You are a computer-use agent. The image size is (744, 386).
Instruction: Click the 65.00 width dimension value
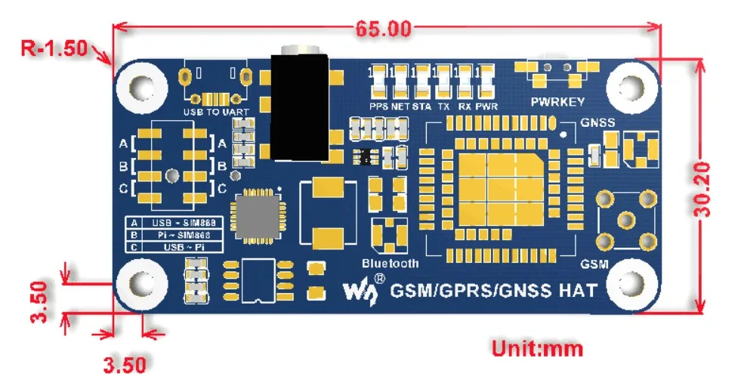point(383,29)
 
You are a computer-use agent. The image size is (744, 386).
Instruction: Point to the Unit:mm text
point(537,349)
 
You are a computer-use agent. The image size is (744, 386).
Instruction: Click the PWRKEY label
point(557,102)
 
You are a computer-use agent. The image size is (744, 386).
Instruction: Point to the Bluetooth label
point(390,264)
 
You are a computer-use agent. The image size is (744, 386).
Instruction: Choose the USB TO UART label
point(216,112)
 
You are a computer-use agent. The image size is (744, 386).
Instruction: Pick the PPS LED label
point(378,107)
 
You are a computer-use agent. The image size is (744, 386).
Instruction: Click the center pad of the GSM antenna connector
point(626,219)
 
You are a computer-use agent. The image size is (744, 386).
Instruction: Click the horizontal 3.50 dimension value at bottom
point(124,366)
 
